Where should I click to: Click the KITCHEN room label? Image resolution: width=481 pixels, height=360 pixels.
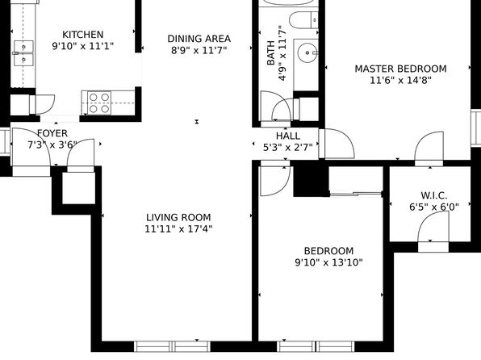point(83,35)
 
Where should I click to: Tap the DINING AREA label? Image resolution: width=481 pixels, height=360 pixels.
point(199,39)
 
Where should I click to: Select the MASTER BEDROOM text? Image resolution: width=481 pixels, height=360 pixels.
point(400,69)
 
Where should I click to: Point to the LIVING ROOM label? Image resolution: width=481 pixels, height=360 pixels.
point(178,217)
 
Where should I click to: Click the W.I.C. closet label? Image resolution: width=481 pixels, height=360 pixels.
point(434,195)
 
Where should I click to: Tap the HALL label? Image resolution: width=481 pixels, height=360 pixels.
point(288,136)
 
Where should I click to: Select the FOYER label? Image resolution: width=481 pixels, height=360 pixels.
point(52,133)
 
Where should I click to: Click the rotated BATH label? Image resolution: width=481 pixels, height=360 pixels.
point(271,52)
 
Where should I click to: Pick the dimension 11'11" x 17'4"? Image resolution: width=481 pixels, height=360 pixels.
point(178,229)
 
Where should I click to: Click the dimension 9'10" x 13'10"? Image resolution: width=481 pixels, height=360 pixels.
point(328,262)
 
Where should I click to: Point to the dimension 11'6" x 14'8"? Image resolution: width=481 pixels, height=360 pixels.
point(400,81)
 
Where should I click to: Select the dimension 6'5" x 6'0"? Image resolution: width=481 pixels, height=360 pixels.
point(434,207)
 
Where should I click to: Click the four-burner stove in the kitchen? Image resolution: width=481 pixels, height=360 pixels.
point(99,103)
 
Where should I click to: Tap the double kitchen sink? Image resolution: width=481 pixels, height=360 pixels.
point(23,53)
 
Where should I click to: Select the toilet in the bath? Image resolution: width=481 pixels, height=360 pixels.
point(304,20)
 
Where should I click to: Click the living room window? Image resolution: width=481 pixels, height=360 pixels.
point(173,346)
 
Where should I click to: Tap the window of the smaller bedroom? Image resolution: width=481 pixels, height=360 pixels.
point(316,346)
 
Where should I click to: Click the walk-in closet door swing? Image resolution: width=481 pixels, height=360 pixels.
point(433,227)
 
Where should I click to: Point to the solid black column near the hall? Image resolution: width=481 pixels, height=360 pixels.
point(311,179)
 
